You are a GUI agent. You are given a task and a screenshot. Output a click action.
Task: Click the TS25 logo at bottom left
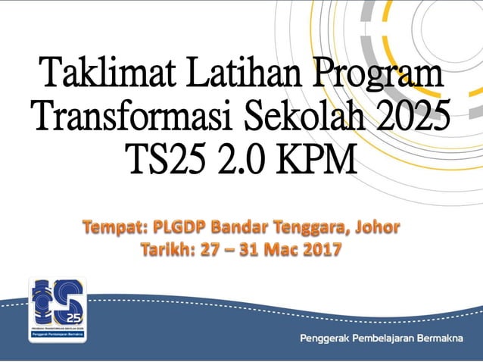coord(57,310)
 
